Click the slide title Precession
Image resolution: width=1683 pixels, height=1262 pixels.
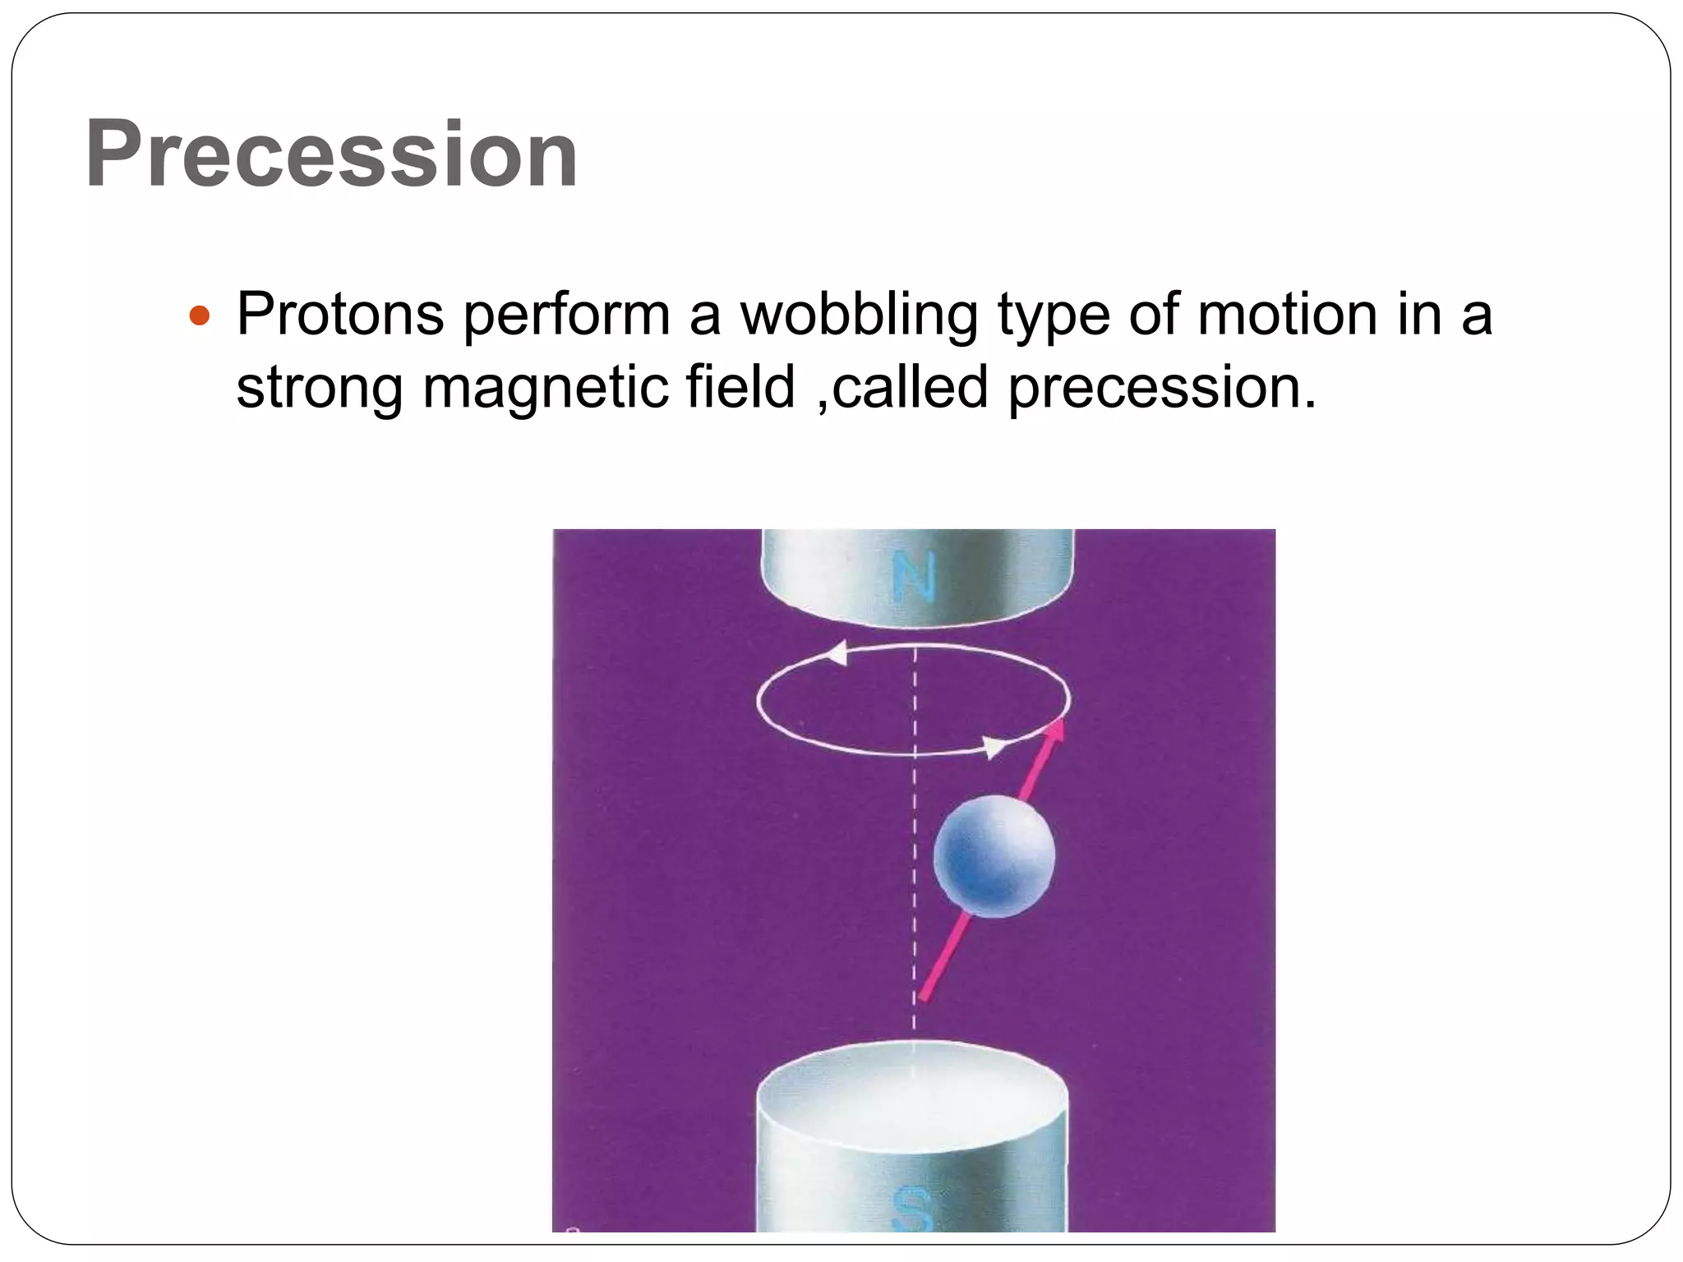pos(331,154)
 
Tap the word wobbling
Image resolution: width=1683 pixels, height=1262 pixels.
pos(860,316)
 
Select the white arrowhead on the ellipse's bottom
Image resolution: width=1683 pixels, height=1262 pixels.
pos(994,748)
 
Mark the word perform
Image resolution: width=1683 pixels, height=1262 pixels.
pos(566,316)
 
